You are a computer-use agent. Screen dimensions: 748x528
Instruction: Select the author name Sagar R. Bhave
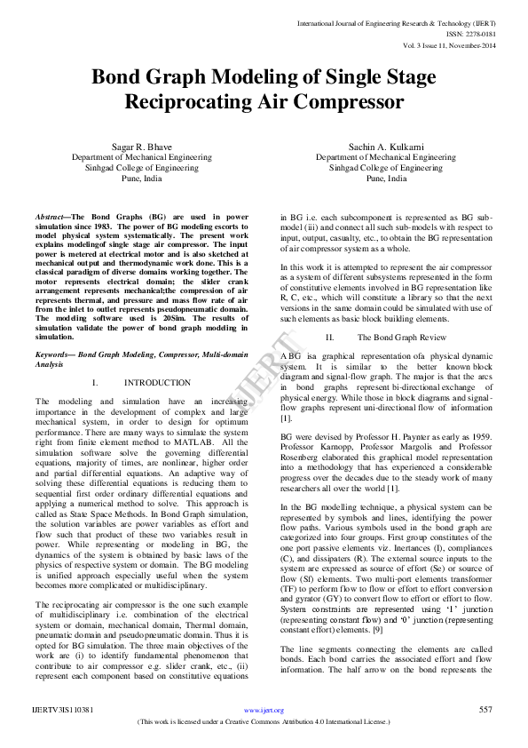click(141, 145)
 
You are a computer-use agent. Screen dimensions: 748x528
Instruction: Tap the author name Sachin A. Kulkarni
click(385, 145)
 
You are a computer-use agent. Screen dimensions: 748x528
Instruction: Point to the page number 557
click(485, 709)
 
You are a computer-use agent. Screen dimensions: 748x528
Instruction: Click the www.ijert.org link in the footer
click(264, 710)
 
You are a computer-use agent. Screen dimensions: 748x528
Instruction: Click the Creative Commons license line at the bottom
click(264, 721)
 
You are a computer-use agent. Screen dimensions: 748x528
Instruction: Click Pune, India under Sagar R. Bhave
click(142, 178)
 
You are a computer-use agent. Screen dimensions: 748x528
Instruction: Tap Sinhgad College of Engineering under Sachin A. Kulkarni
click(385, 167)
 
